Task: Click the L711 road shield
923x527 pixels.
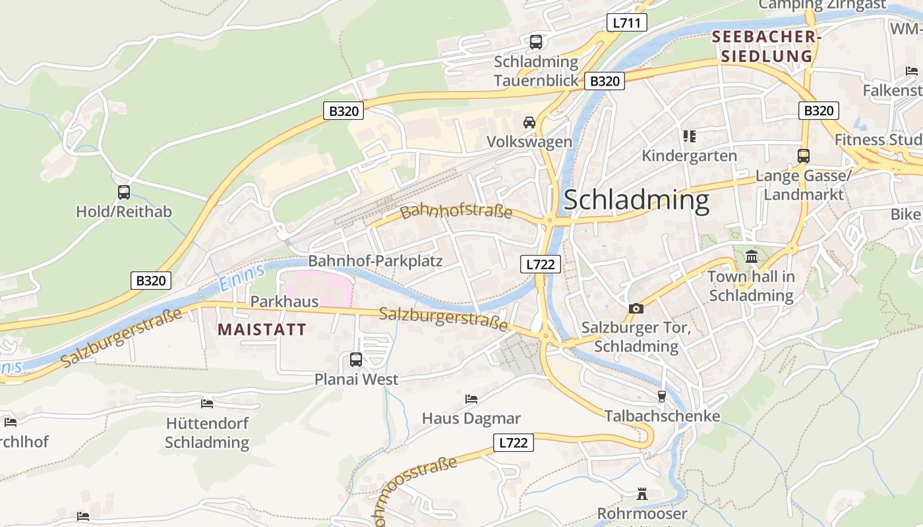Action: click(x=626, y=23)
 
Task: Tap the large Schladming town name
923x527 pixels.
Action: click(x=636, y=200)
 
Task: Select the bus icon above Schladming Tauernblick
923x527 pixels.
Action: click(x=536, y=42)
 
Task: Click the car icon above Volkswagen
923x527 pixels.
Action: click(x=529, y=122)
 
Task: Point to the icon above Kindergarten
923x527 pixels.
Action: click(x=690, y=136)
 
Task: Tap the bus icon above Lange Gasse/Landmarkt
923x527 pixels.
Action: click(x=803, y=156)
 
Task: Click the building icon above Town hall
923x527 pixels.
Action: click(x=752, y=257)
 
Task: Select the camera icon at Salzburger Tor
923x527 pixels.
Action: click(x=636, y=308)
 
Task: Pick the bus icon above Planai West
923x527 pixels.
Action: click(x=356, y=360)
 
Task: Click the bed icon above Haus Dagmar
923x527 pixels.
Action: click(x=471, y=399)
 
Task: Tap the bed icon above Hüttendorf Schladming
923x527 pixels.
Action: click(x=207, y=403)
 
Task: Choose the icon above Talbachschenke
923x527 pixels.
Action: click(x=662, y=396)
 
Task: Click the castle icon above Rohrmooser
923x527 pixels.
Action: click(x=642, y=493)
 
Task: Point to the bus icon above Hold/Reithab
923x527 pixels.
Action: click(x=124, y=192)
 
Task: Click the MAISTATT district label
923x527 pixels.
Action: click(x=262, y=329)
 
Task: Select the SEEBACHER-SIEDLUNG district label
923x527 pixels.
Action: click(x=767, y=46)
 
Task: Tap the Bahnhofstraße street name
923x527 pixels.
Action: click(x=456, y=211)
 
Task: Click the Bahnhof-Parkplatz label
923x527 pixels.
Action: click(x=375, y=261)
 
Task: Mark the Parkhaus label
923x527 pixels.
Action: click(x=284, y=302)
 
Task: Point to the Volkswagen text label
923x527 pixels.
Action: click(x=529, y=142)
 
